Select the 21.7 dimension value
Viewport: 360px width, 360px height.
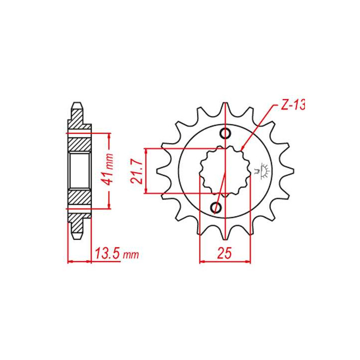point(138,170)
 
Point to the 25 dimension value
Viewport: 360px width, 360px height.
point(224,253)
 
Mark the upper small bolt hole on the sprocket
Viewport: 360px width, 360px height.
point(225,133)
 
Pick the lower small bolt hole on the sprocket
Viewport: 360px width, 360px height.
point(216,207)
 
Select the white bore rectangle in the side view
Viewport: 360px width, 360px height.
point(79,170)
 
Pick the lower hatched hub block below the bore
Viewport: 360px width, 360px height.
point(79,197)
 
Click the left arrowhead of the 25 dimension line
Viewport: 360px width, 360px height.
point(202,261)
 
